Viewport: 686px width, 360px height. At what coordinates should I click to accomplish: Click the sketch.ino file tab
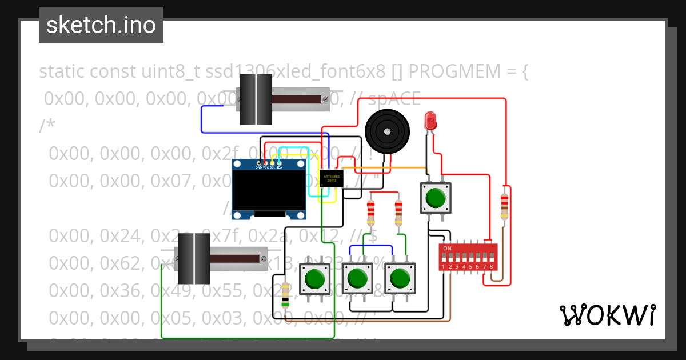coord(101,25)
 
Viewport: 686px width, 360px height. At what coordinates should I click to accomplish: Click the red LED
coord(430,121)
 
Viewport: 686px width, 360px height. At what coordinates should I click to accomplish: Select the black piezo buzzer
coord(387,131)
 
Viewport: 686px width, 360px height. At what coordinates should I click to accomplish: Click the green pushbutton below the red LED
coord(436,198)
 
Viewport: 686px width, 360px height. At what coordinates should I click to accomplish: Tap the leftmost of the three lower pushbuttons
coord(314,279)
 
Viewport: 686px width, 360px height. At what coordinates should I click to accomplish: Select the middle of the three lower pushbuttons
coord(357,278)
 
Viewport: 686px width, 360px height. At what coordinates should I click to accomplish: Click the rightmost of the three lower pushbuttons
coord(400,278)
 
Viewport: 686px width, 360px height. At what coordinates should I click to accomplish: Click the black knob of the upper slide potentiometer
coord(255,99)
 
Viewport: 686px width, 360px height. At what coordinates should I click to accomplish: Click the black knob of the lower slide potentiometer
coord(194,259)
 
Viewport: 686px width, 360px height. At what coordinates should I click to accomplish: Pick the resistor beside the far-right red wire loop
coord(504,206)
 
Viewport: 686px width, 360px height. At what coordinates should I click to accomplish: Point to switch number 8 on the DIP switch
coord(490,258)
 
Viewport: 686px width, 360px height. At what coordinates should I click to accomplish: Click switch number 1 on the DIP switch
coord(444,258)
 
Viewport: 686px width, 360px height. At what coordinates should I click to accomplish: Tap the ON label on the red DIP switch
coord(447,249)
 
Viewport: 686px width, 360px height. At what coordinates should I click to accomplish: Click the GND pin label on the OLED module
coord(258,167)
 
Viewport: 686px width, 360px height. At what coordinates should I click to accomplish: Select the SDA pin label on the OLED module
coord(280,167)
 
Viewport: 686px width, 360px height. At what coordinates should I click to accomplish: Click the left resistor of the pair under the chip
coord(371,212)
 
